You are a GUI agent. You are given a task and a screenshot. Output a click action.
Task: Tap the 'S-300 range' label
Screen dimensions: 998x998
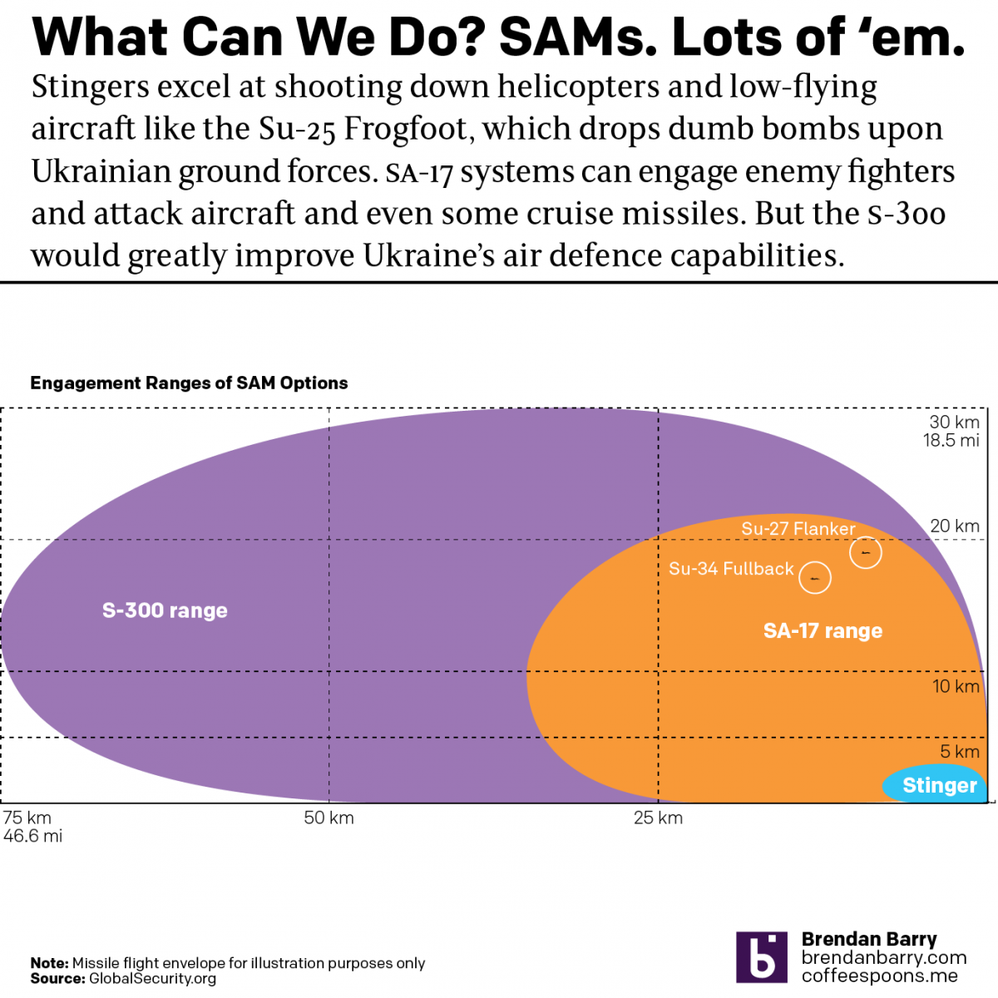point(165,610)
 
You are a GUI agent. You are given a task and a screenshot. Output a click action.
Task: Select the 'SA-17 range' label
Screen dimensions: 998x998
point(823,630)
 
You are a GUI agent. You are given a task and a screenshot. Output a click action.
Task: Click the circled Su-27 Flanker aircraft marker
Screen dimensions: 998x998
point(866,552)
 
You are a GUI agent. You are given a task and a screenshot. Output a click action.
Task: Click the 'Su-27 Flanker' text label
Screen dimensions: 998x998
point(798,529)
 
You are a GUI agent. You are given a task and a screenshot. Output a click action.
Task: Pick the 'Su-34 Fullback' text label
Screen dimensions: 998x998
point(731,569)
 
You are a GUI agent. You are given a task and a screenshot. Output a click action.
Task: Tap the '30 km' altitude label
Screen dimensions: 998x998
point(955,422)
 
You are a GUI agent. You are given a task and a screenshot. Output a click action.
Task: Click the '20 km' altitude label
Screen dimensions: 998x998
point(955,526)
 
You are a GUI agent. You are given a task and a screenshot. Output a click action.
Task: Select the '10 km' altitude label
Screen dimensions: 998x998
point(956,686)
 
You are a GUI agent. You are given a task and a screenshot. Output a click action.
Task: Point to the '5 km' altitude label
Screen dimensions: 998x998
point(960,752)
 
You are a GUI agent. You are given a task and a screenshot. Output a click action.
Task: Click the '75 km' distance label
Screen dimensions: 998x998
point(27,818)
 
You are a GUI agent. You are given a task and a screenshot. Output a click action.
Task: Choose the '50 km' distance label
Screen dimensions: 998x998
point(329,818)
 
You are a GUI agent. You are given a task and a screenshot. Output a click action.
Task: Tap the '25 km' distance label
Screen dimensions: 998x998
point(658,818)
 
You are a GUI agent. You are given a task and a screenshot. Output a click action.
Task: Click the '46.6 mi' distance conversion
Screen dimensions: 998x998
point(32,837)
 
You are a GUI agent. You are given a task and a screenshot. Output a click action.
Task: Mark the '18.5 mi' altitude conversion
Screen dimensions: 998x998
point(951,441)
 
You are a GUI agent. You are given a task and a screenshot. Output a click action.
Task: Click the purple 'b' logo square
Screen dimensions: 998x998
point(761,957)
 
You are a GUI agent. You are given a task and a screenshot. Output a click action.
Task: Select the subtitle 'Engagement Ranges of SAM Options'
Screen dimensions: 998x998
point(189,383)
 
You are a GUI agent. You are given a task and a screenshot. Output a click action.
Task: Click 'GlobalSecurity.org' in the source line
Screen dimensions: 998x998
point(152,979)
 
